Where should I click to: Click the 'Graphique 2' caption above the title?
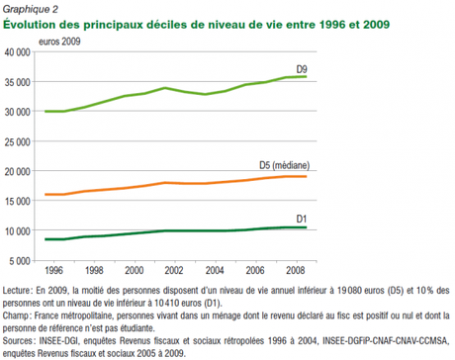click(x=30, y=8)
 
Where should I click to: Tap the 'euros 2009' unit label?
click(x=60, y=42)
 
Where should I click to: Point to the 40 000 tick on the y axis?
click(x=19, y=52)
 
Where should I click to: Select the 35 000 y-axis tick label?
click(x=19, y=82)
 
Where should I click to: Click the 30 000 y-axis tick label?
click(x=19, y=112)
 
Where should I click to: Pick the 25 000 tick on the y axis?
click(x=19, y=141)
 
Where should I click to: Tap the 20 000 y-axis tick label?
click(x=19, y=171)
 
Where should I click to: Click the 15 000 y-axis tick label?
click(x=19, y=201)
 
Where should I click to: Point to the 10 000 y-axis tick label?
click(x=19, y=230)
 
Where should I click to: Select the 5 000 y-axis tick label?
click(x=22, y=260)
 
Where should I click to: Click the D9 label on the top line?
click(x=299, y=67)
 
